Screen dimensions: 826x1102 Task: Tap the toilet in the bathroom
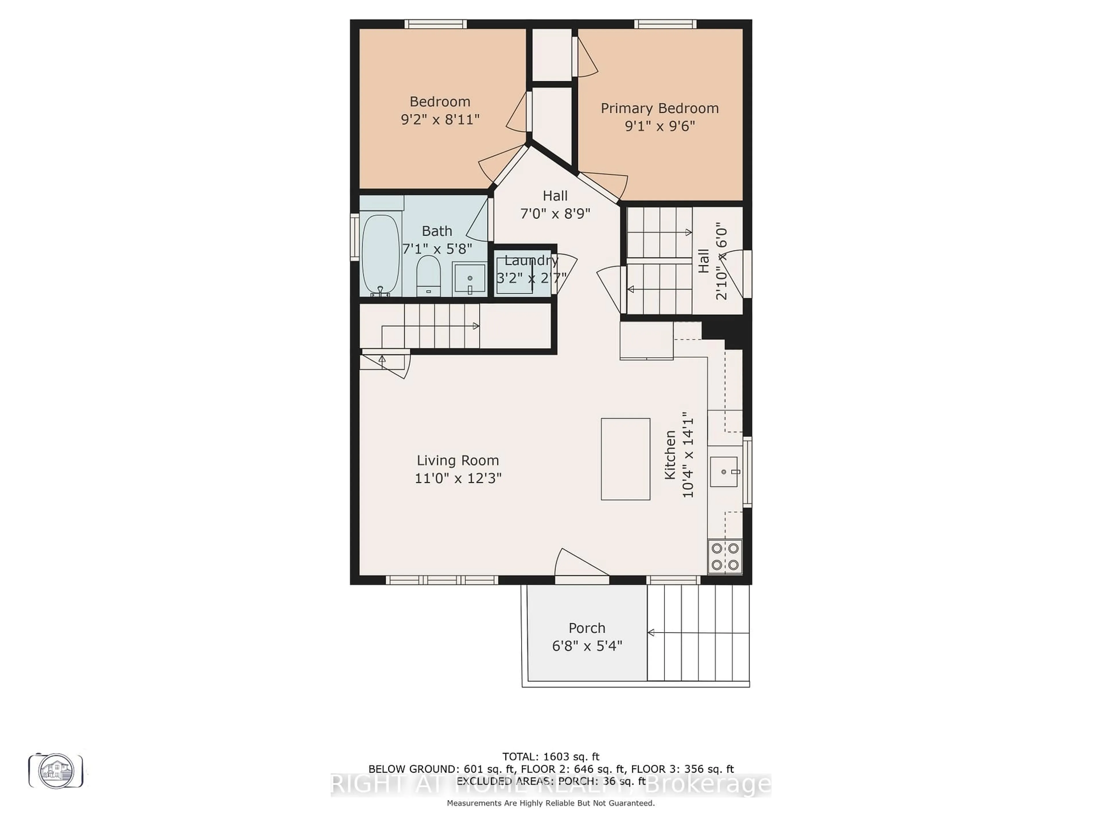click(x=428, y=275)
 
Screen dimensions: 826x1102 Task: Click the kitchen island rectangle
click(x=625, y=459)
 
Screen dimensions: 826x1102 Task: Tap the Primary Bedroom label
click(x=659, y=108)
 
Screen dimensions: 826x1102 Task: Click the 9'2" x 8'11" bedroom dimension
click(x=440, y=120)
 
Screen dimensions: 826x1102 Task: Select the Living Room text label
click(x=457, y=461)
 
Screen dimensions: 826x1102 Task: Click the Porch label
click(x=587, y=628)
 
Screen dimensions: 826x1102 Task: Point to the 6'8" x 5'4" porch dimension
click(x=587, y=646)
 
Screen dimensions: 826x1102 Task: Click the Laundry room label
click(x=531, y=260)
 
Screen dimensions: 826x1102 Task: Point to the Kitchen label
click(x=670, y=455)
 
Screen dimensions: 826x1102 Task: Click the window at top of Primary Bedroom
click(x=665, y=24)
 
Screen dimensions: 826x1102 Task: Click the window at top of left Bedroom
click(x=435, y=24)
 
